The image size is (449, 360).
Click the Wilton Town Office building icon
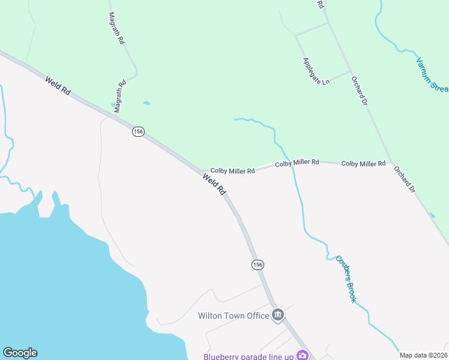click(x=277, y=315)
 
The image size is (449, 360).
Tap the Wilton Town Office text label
click(x=234, y=316)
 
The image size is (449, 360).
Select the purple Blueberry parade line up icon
click(x=303, y=356)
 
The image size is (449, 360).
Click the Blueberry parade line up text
click(x=247, y=356)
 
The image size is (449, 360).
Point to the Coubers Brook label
click(x=346, y=278)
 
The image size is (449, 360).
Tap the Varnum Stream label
click(x=432, y=74)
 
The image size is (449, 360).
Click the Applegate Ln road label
click(x=316, y=70)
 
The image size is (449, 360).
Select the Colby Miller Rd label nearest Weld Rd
click(x=232, y=171)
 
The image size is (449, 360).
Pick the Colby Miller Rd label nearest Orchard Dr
click(x=363, y=163)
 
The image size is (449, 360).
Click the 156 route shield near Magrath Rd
click(x=138, y=131)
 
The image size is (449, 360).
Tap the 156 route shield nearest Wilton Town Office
click(x=258, y=265)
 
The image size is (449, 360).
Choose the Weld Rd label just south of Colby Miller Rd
click(x=214, y=184)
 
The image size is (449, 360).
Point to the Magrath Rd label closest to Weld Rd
click(x=121, y=92)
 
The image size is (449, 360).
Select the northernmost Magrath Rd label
click(x=116, y=28)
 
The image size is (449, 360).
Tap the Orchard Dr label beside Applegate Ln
click(x=360, y=91)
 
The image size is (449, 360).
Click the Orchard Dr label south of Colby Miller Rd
click(x=404, y=179)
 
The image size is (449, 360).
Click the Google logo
click(x=20, y=353)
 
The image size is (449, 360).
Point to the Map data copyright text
click(x=423, y=355)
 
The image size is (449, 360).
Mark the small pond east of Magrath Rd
click(x=146, y=103)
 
